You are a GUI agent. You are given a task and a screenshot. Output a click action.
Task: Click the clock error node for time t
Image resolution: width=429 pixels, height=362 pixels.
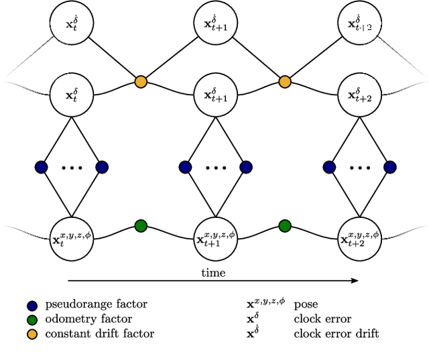point(70,95)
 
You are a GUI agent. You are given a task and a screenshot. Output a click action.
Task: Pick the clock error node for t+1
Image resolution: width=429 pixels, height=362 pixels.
point(214,95)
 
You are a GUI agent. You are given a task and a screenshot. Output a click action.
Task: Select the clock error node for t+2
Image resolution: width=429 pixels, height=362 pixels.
point(359,95)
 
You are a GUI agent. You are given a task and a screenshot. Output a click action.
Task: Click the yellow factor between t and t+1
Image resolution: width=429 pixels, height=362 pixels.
point(141,82)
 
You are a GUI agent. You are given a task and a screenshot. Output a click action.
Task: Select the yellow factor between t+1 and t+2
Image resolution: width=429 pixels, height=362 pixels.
point(285,82)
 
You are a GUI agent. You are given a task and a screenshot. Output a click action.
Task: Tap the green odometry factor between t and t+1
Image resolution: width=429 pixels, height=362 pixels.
point(141,226)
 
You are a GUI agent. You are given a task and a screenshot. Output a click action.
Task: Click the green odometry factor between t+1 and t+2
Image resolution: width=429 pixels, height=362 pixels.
point(285,226)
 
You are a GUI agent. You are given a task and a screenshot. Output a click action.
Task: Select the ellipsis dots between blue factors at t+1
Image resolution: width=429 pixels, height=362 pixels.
point(214,167)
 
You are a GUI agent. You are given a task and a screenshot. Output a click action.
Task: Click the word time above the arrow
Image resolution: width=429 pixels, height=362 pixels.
point(213,272)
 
